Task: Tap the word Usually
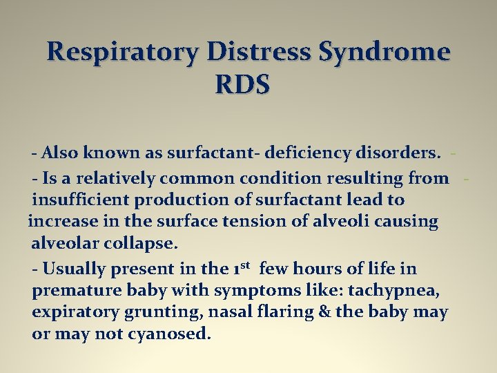coord(71,269)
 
